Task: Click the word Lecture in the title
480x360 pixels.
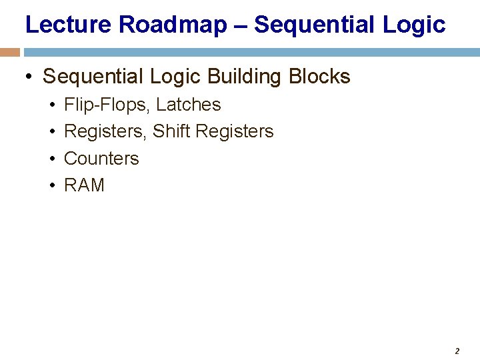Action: pyautogui.click(x=69, y=25)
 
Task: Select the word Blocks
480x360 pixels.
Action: pyautogui.click(x=319, y=77)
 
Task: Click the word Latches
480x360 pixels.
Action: pyautogui.click(x=188, y=105)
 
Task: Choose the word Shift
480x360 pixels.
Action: pyautogui.click(x=171, y=131)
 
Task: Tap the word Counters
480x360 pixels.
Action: pyautogui.click(x=101, y=159)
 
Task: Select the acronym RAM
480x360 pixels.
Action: pyautogui.click(x=84, y=185)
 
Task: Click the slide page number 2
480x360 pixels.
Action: pyautogui.click(x=457, y=351)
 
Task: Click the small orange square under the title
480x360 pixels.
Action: pyautogui.click(x=10, y=52)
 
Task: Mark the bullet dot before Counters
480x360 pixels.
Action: pyautogui.click(x=51, y=159)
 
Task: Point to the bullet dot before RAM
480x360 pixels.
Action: pyautogui.click(x=51, y=185)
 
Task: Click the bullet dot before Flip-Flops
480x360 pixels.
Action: pyautogui.click(x=51, y=105)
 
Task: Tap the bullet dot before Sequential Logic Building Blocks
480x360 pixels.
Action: pyautogui.click(x=29, y=77)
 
